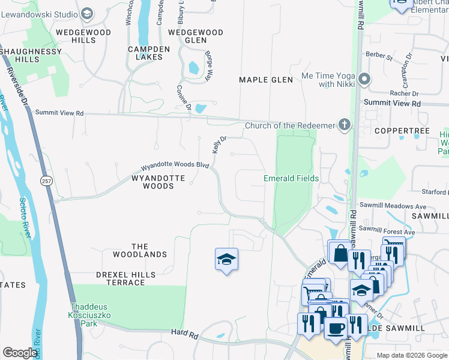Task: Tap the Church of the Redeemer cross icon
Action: pos(344,125)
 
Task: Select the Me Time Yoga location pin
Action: pos(364,79)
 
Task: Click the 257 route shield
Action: pos(46,181)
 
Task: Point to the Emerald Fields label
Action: pos(291,178)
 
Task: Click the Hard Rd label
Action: pos(184,332)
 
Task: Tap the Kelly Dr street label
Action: pos(218,145)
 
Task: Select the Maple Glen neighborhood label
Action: pos(266,80)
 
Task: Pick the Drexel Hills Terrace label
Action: pos(126,278)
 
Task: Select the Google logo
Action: pos(20,353)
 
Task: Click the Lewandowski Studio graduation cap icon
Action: pos(88,13)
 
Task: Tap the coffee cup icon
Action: pos(336,328)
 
